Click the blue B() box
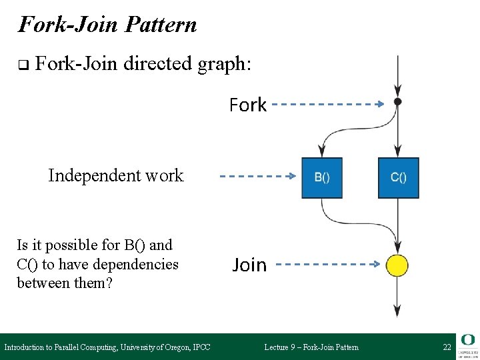(322, 178)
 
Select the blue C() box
(399, 178)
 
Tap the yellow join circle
(397, 265)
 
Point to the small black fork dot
(398, 102)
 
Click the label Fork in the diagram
(248, 105)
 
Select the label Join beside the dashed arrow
(249, 265)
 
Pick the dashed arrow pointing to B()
(257, 177)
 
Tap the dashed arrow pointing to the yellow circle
(327, 265)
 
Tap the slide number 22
(447, 347)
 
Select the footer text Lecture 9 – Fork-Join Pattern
(311, 347)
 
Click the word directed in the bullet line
(157, 65)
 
